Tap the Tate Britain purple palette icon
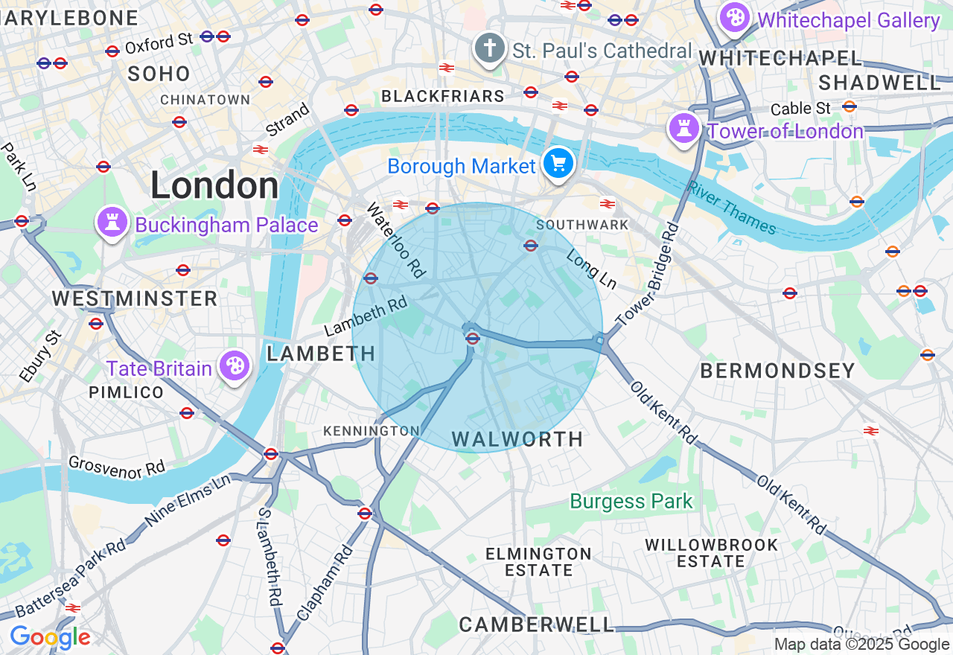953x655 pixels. tap(235, 365)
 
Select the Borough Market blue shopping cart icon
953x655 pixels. tap(558, 162)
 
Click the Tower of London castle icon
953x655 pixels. tap(683, 128)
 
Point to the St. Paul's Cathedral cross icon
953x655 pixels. tap(489, 49)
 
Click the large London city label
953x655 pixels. tap(214, 185)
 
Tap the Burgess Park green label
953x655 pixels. tap(631, 502)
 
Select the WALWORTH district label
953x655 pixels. tap(517, 439)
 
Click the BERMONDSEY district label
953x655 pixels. tap(777, 371)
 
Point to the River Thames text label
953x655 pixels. tap(731, 208)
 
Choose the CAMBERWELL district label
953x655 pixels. tap(537, 624)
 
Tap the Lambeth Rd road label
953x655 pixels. tap(367, 316)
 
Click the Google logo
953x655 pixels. tap(50, 638)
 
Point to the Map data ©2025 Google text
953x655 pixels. tap(861, 645)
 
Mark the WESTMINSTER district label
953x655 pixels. tap(134, 299)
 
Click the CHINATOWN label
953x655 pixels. tap(205, 100)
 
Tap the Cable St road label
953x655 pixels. tap(800, 109)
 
